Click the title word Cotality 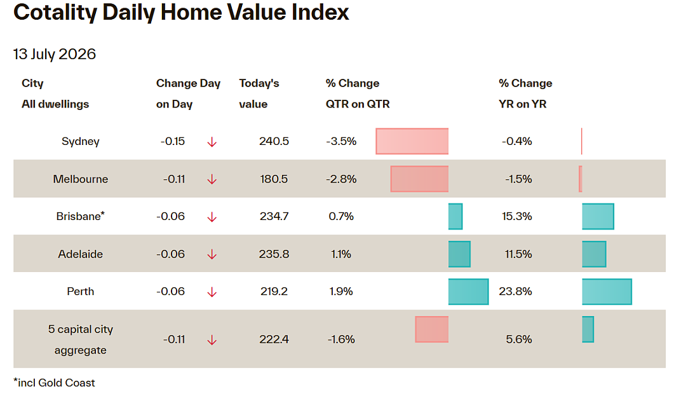click(55, 12)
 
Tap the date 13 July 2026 click(55, 54)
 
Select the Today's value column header click(259, 93)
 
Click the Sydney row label click(81, 142)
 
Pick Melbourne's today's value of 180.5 click(274, 179)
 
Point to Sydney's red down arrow click(212, 142)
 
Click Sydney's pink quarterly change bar click(412, 141)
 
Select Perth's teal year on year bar click(607, 292)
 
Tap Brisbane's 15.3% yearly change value click(516, 216)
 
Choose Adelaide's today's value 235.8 click(274, 254)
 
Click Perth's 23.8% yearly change click(515, 292)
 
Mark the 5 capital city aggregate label click(81, 339)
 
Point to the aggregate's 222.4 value click(274, 339)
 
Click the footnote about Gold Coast click(54, 383)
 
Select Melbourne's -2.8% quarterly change click(341, 179)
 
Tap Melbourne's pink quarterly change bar click(420, 179)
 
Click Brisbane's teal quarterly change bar click(455, 216)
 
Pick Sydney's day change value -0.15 click(173, 142)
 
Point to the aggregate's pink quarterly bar click(432, 329)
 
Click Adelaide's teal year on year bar click(594, 254)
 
